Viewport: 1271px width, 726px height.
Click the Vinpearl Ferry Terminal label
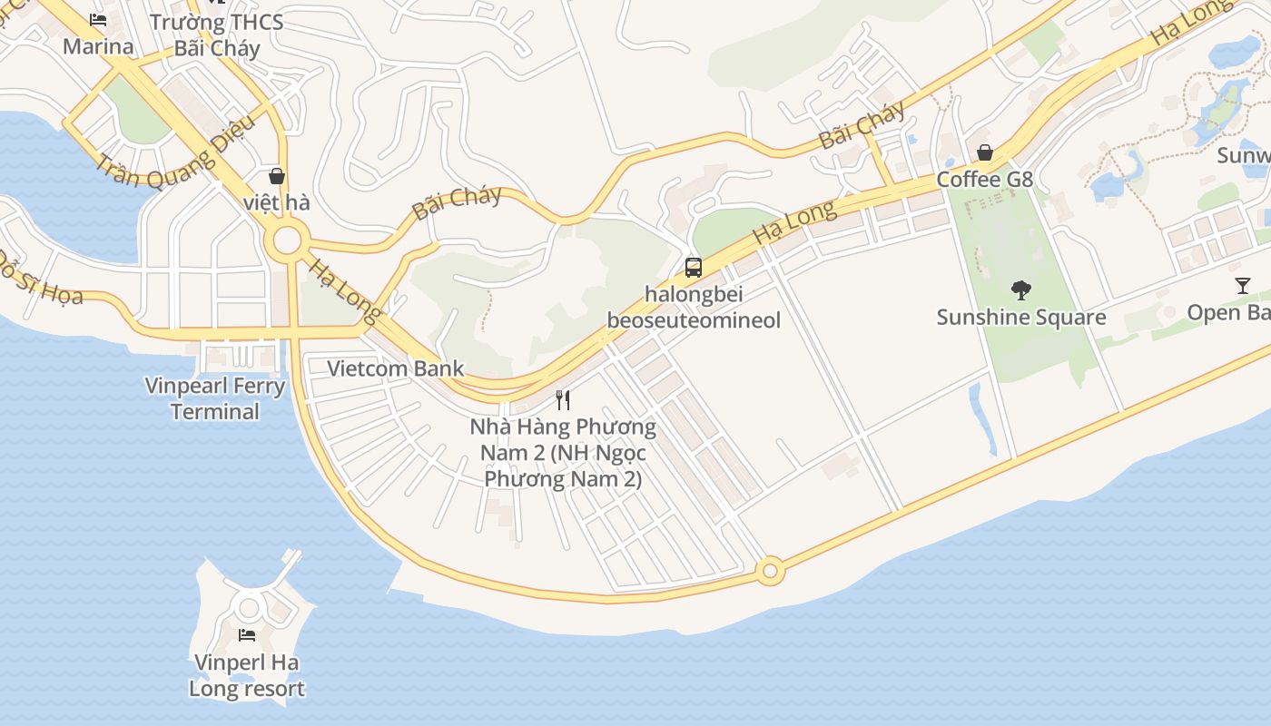coord(215,398)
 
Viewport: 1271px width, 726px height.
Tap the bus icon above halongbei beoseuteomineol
coord(693,267)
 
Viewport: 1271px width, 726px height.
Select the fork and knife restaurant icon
coord(563,399)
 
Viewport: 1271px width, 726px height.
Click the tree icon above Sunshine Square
coord(1020,290)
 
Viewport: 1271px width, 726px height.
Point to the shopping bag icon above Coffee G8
coord(984,152)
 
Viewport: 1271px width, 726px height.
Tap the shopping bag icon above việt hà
coord(276,176)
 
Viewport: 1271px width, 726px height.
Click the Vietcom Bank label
coord(395,368)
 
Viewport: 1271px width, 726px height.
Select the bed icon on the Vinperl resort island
coord(246,634)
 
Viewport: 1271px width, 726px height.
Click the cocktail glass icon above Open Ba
coord(1242,286)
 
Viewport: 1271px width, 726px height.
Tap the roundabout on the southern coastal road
coord(771,571)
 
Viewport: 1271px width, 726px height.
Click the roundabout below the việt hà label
coord(287,241)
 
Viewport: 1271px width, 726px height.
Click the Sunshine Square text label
coord(1020,317)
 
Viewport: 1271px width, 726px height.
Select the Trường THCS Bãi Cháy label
coord(216,34)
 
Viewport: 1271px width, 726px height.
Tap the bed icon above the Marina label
coord(98,20)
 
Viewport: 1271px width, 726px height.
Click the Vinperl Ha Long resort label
coord(246,676)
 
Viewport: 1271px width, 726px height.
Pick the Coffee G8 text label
coord(984,179)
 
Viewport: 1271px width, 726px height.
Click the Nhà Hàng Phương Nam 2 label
coord(563,452)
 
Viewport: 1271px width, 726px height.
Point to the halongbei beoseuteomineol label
coord(694,307)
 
